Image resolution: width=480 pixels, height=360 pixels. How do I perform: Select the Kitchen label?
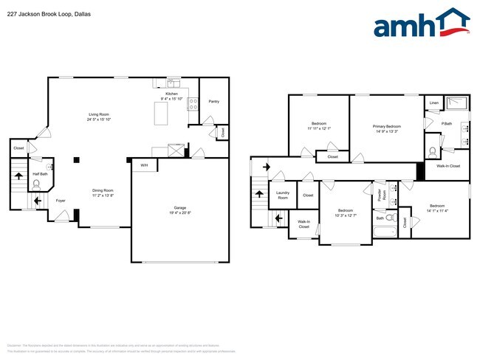pyautogui.click(x=171, y=94)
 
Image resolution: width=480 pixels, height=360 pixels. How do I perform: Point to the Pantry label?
pyautogui.click(x=213, y=101)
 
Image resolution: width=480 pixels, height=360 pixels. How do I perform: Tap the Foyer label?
pyautogui.click(x=61, y=200)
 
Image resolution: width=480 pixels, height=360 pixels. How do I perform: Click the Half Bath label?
pyautogui.click(x=39, y=174)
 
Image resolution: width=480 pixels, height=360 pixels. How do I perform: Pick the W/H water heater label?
pyautogui.click(x=144, y=165)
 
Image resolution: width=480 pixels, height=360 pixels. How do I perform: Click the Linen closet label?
pyautogui.click(x=433, y=103)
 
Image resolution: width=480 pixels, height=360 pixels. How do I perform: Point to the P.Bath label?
pyautogui.click(x=446, y=123)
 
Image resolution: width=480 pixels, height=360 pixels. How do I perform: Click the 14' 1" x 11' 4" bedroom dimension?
pyautogui.click(x=437, y=210)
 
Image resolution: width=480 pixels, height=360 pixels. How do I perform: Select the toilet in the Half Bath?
pyautogui.click(x=37, y=186)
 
